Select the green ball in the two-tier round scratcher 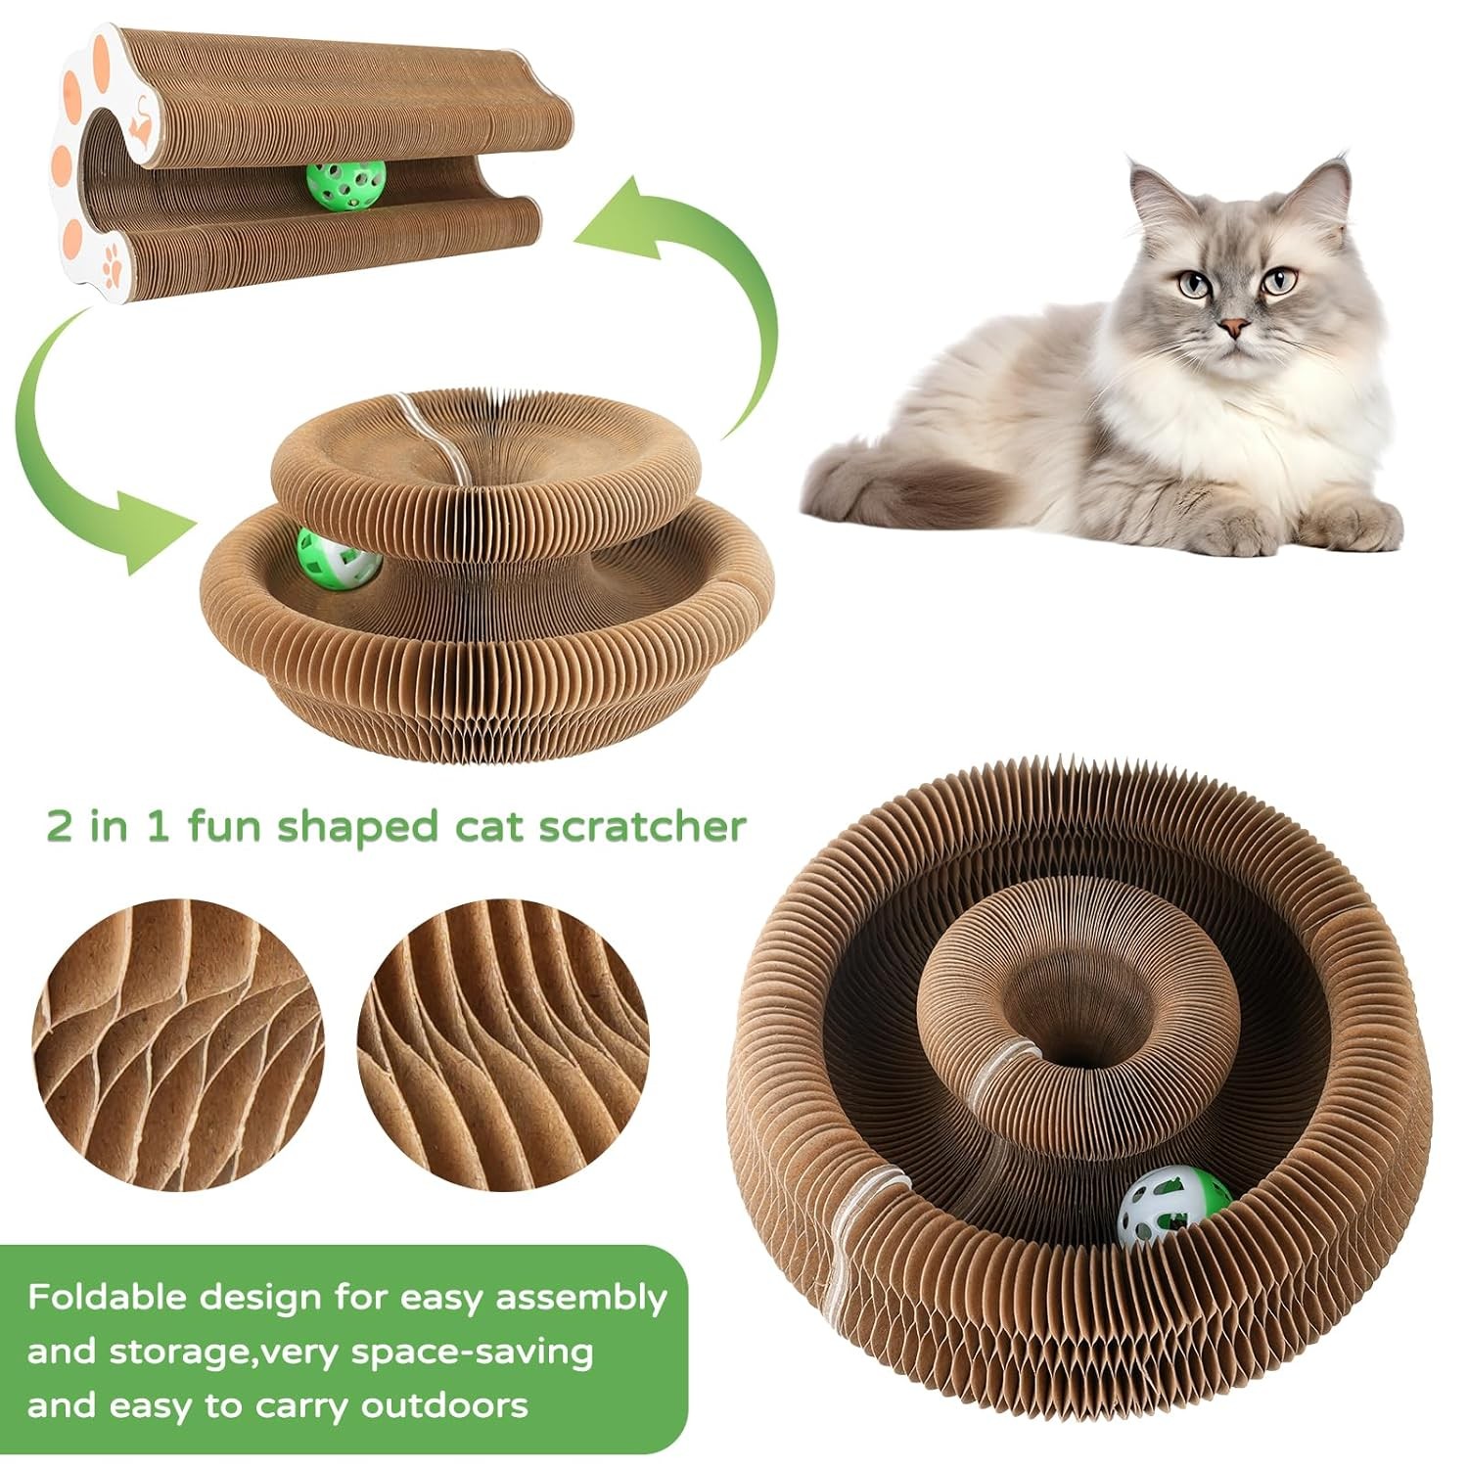[338, 558]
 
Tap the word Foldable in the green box [107, 1298]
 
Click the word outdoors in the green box [444, 1406]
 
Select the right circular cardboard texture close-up [503, 1048]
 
